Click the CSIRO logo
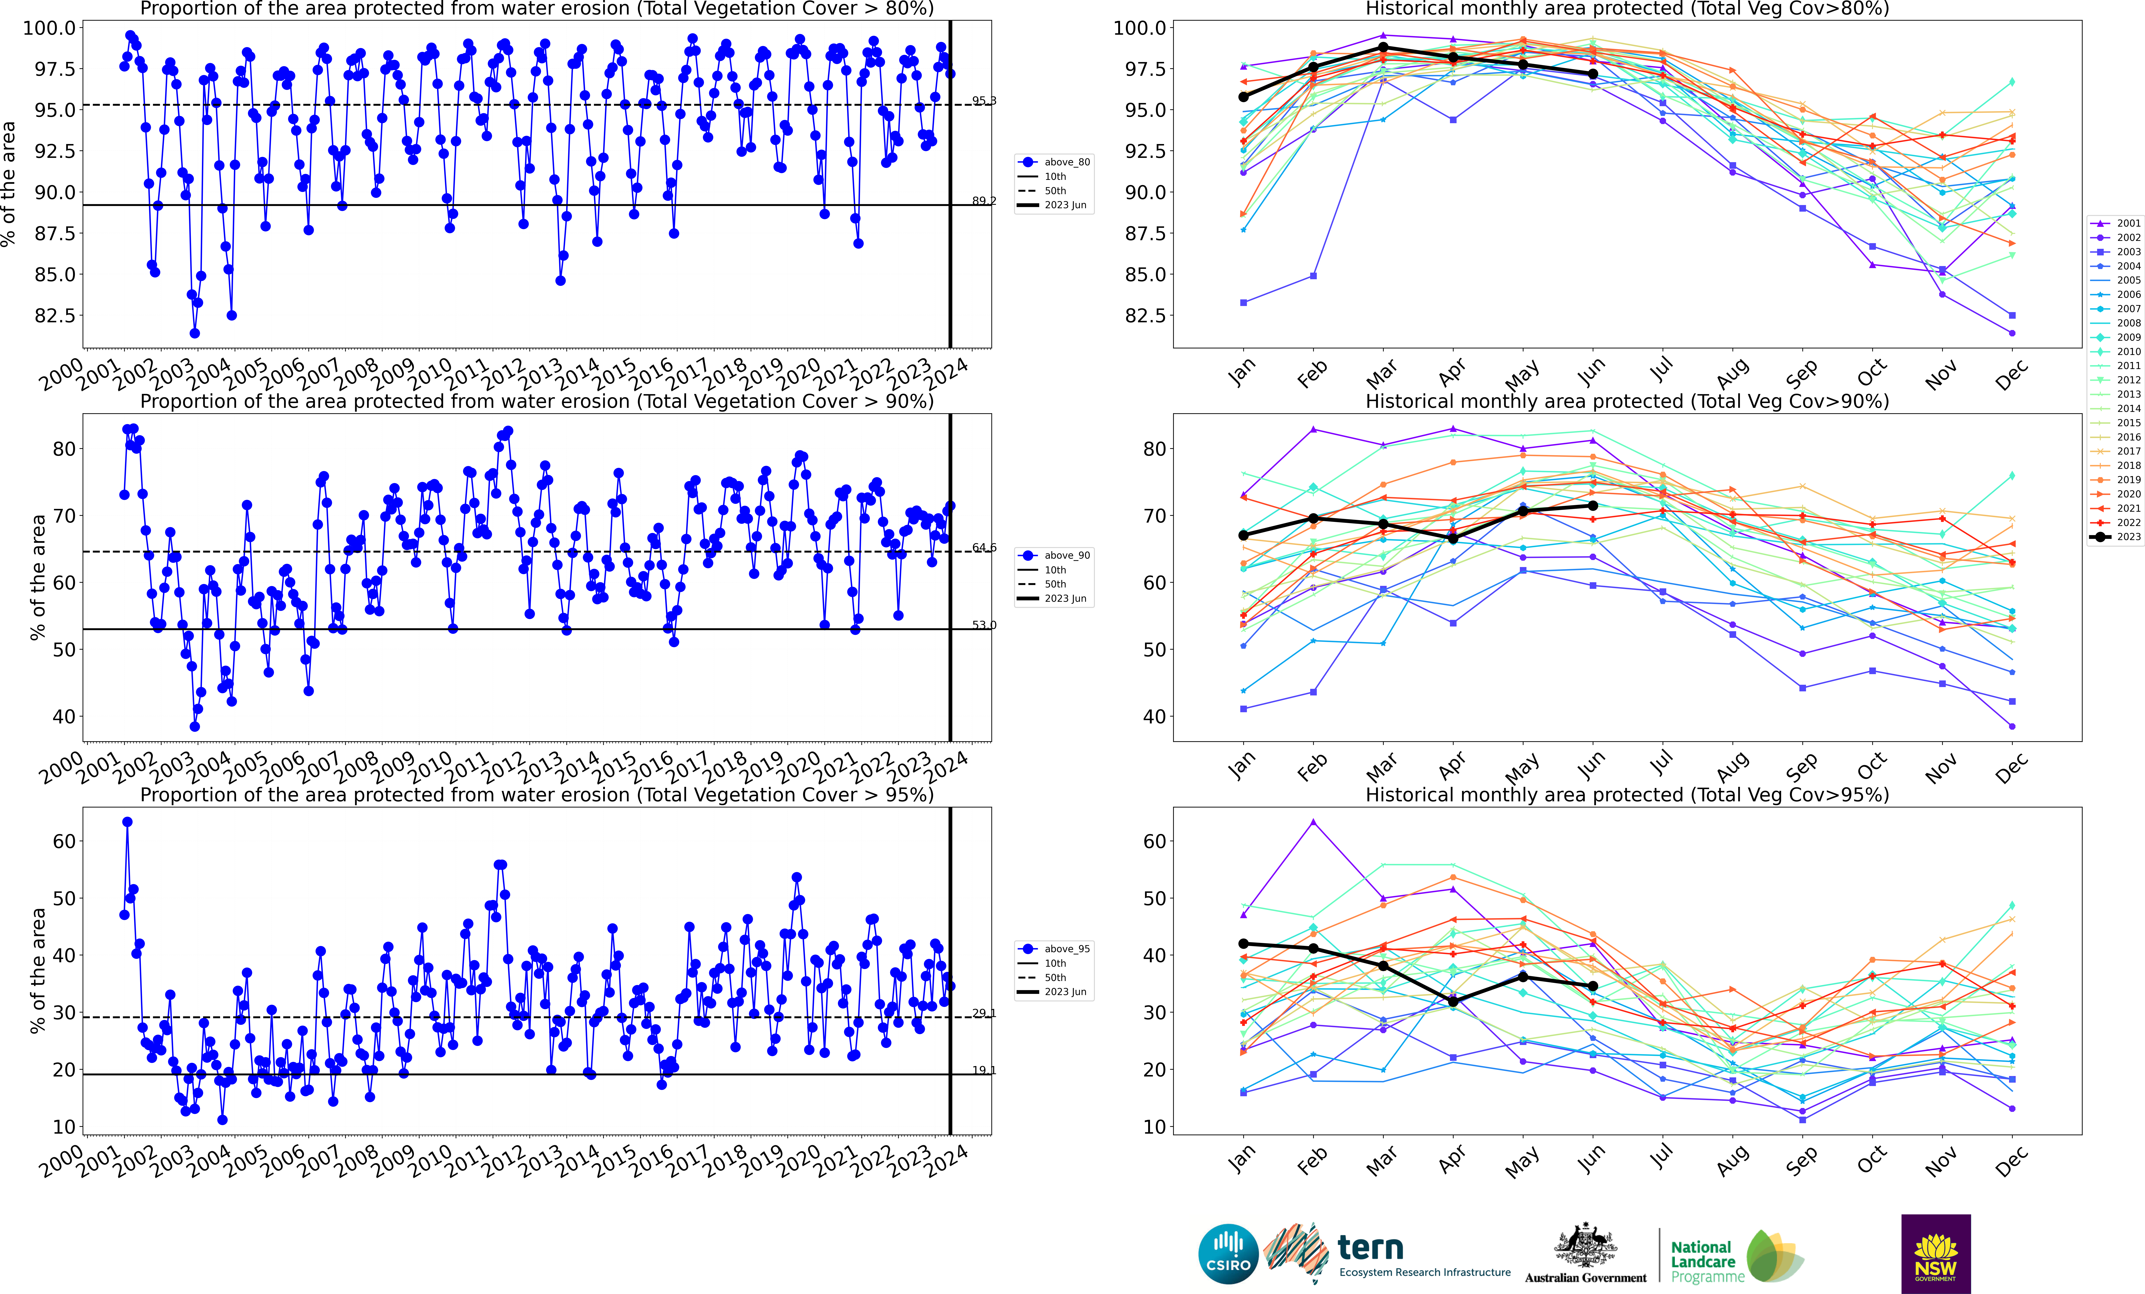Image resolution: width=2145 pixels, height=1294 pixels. (x=1227, y=1254)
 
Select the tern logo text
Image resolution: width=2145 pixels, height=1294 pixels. (x=1370, y=1248)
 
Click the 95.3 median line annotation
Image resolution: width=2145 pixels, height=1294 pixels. (x=984, y=101)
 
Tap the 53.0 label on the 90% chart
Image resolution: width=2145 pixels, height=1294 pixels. (x=984, y=625)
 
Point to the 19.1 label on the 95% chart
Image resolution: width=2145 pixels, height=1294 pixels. (x=984, y=1070)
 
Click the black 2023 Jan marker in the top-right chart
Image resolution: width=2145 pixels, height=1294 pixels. (x=1243, y=97)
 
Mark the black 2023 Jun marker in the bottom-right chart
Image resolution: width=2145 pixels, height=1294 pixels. (x=1593, y=986)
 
